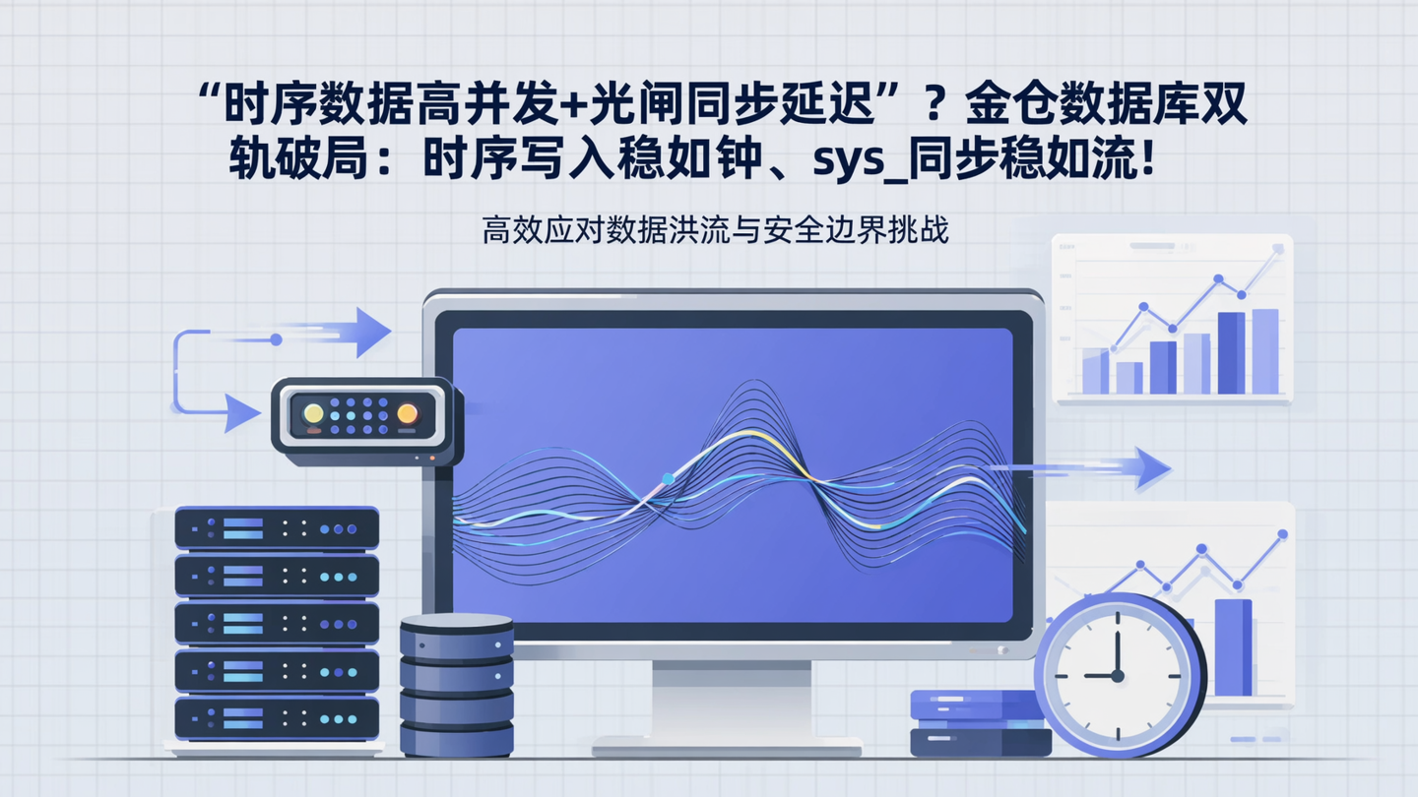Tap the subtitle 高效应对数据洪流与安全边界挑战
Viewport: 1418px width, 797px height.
click(715, 232)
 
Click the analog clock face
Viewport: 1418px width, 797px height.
click(1119, 675)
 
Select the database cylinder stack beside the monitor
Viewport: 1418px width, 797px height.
click(456, 685)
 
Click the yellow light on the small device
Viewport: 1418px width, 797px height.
click(313, 414)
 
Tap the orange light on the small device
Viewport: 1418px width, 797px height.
click(407, 414)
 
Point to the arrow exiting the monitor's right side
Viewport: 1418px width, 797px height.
click(1132, 467)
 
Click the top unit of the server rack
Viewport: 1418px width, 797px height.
click(277, 528)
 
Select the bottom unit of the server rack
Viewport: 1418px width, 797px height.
click(277, 718)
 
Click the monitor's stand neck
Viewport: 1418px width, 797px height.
click(731, 699)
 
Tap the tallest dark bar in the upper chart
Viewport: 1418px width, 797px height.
click(1231, 352)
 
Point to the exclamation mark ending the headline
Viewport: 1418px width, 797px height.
click(1144, 161)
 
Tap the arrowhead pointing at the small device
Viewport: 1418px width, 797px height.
click(241, 413)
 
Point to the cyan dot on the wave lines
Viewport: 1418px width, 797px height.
click(668, 478)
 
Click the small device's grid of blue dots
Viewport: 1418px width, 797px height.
click(359, 415)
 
